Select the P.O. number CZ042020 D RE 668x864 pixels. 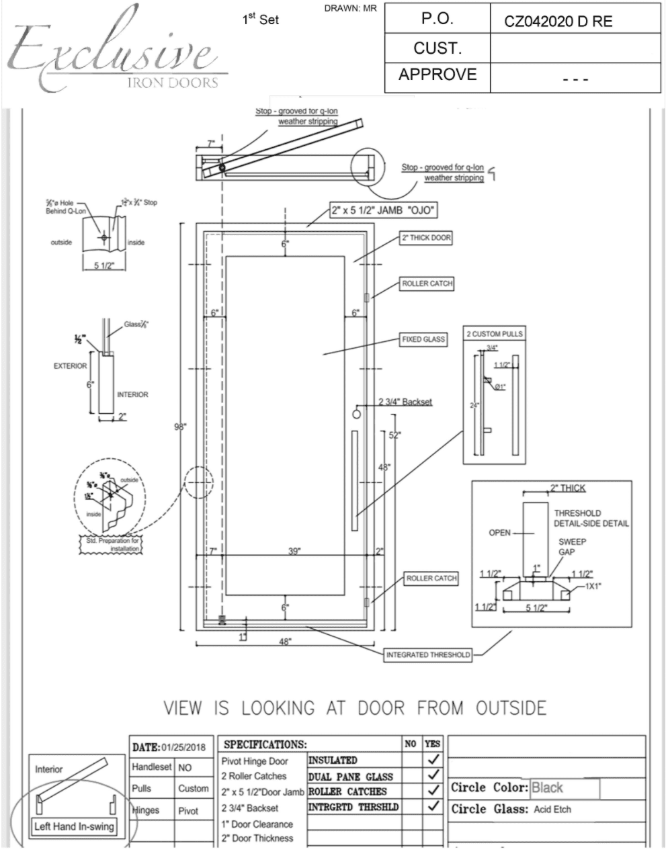point(558,21)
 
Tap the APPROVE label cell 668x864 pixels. point(437,75)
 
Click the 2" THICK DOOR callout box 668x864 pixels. point(426,238)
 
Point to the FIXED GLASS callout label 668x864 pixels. point(423,339)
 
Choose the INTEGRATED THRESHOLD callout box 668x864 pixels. point(428,655)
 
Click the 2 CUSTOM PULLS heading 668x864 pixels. point(494,334)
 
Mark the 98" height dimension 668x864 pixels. point(180,427)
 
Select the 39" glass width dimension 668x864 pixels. point(294,552)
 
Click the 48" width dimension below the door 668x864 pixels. point(285,642)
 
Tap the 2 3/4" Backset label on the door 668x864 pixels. point(405,402)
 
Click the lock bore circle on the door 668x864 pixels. point(357,413)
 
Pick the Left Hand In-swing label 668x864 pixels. point(74,826)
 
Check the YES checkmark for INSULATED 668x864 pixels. point(433,760)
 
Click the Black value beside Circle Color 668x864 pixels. point(548,788)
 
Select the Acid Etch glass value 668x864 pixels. point(552,810)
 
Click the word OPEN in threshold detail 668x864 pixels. point(500,533)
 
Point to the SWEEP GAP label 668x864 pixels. point(571,547)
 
